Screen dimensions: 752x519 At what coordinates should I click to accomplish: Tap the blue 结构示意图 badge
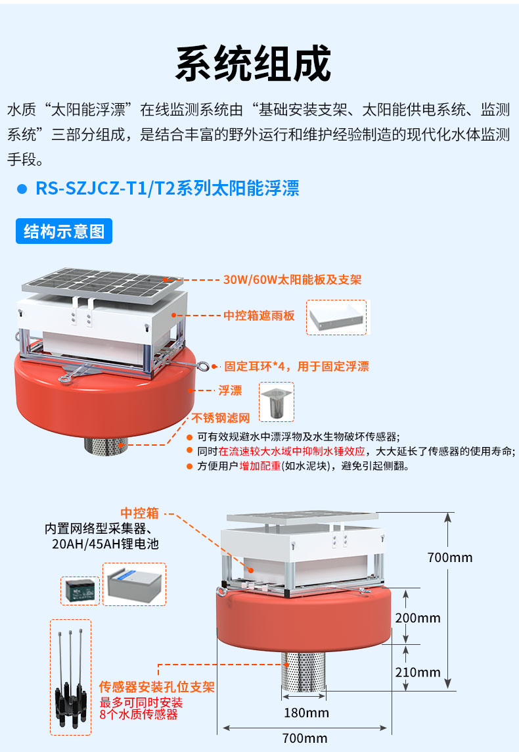click(64, 231)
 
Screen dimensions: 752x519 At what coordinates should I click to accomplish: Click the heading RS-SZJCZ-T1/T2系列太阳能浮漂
click(168, 189)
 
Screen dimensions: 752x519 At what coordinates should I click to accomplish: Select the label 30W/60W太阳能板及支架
click(292, 279)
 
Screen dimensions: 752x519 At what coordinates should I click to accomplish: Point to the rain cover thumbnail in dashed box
click(338, 317)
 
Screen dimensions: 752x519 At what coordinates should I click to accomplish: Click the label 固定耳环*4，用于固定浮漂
click(296, 367)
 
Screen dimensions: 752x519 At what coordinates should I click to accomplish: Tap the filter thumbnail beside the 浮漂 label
click(276, 402)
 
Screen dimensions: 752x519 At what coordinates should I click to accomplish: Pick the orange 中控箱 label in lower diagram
click(139, 513)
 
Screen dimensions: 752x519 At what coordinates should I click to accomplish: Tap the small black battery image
click(79, 590)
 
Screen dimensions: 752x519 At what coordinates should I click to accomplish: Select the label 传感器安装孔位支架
click(156, 688)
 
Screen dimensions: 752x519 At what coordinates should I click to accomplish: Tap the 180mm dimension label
click(306, 713)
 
